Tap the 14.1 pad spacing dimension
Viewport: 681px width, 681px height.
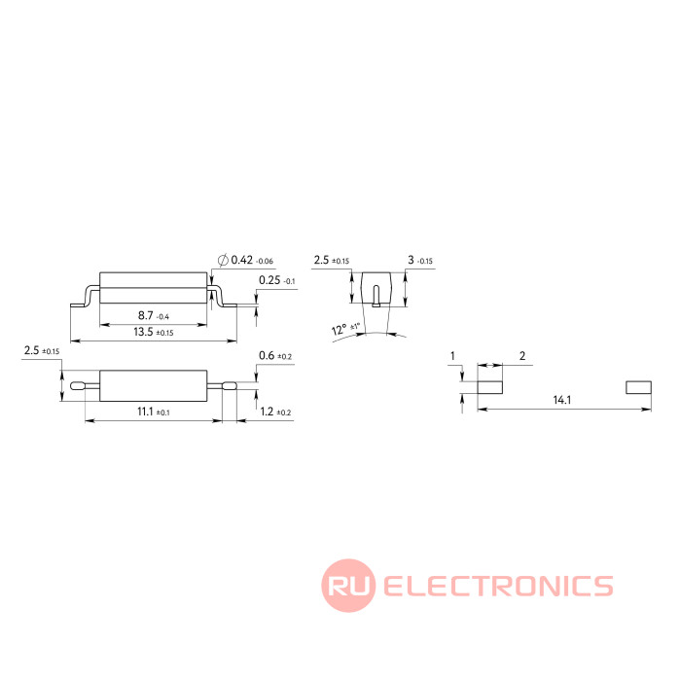pyautogui.click(x=562, y=400)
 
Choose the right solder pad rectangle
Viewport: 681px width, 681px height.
pyautogui.click(x=637, y=386)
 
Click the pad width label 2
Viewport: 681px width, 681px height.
pyautogui.click(x=522, y=356)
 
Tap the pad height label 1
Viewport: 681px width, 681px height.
pyautogui.click(x=452, y=356)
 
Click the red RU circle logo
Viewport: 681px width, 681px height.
pyautogui.click(x=348, y=586)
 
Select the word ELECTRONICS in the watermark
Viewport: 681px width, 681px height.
pyautogui.click(x=498, y=586)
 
